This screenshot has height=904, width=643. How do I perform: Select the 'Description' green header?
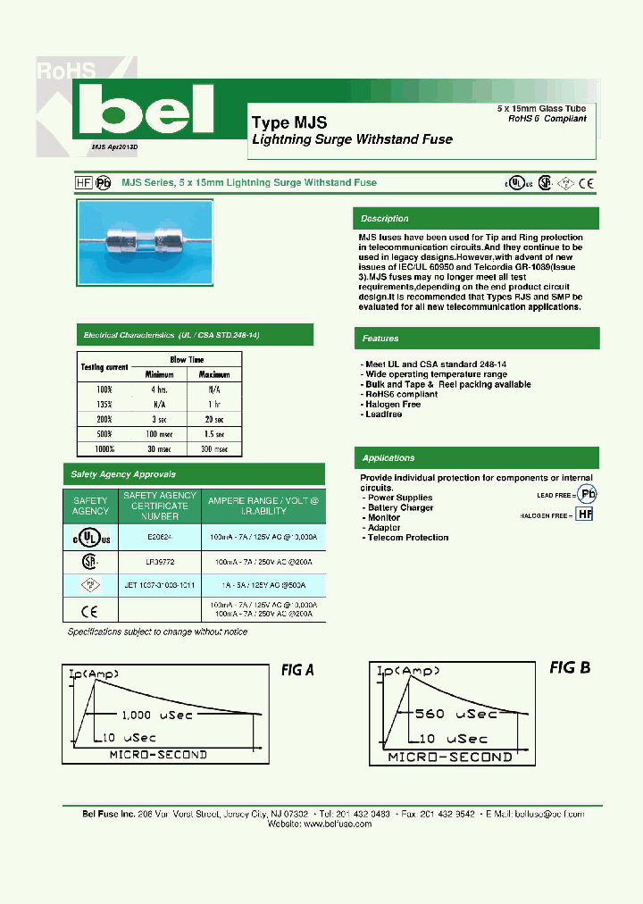tap(385, 219)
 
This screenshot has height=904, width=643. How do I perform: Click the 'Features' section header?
tap(380, 339)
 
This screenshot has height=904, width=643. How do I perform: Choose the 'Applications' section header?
tap(388, 458)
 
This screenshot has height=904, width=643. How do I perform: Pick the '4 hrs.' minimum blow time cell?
tap(159, 389)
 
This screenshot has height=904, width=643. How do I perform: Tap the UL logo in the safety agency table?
tap(89, 538)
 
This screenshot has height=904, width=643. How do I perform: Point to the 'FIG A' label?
tap(297, 670)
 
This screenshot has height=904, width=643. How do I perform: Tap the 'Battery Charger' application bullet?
tap(401, 507)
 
